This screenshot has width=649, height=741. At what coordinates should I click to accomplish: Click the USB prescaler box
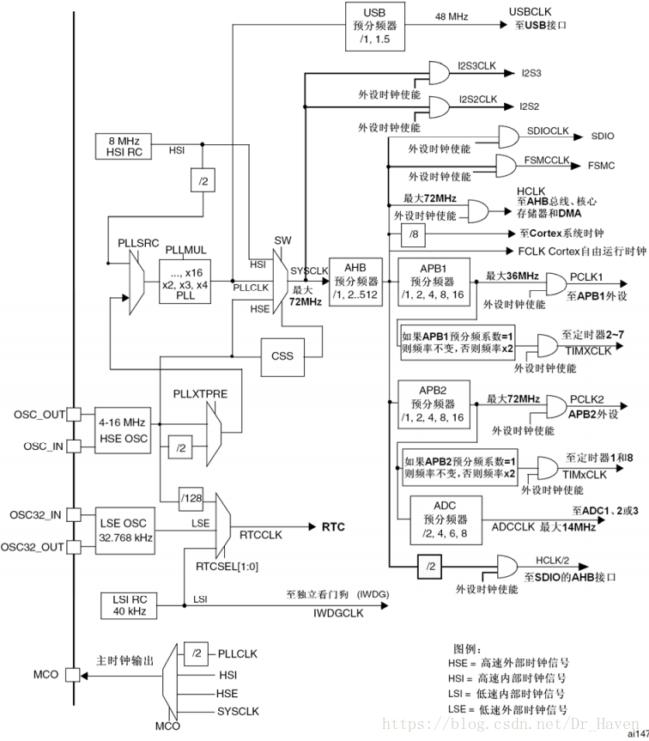tap(375, 27)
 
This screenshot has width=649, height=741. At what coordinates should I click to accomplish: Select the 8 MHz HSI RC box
tap(124, 147)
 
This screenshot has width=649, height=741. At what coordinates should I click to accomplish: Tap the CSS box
tap(282, 357)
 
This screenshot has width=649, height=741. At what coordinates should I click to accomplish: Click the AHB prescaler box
tap(355, 282)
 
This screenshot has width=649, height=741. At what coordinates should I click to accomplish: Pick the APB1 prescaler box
tap(434, 282)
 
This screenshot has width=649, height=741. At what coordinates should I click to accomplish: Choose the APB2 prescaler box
tap(434, 404)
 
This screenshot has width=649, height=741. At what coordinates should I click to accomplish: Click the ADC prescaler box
tap(446, 520)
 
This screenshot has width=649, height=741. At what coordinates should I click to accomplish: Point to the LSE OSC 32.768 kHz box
tap(125, 531)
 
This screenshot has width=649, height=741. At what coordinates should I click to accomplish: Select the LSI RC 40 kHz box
tap(129, 606)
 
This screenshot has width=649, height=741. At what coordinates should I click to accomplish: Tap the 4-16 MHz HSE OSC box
tap(123, 430)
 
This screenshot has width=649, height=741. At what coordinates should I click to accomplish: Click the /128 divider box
tap(191, 498)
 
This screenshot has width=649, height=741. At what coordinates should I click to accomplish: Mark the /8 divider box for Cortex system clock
tap(413, 234)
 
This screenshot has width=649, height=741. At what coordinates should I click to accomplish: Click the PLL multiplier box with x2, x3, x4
tap(185, 282)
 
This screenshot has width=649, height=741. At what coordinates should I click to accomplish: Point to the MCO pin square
tap(73, 674)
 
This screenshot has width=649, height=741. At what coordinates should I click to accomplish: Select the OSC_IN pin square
tap(73, 446)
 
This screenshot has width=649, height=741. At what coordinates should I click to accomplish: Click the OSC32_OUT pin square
tap(73, 547)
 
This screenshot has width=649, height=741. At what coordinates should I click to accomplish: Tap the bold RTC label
tap(333, 527)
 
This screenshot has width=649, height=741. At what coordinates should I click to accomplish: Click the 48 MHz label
tap(452, 16)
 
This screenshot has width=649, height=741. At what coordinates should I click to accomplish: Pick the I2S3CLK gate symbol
tap(440, 73)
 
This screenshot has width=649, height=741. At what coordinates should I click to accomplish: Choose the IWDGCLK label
tap(339, 613)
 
